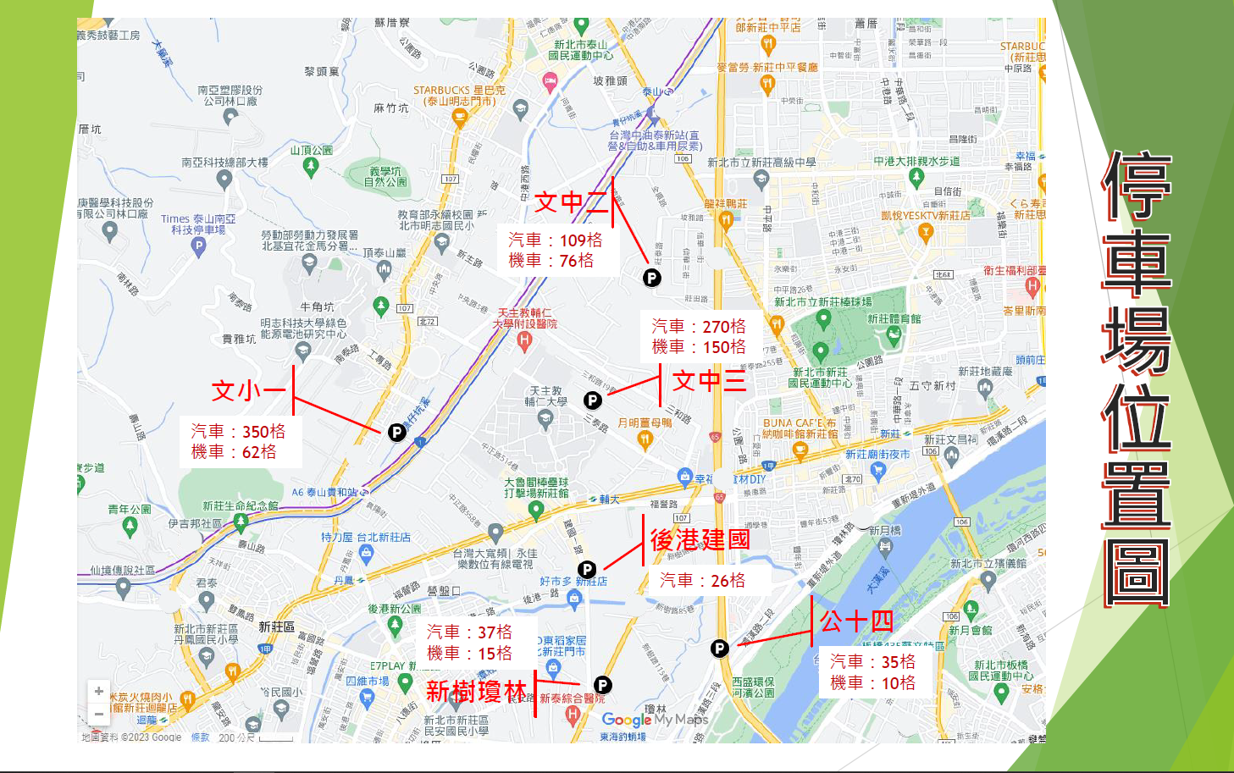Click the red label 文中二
(x=571, y=202)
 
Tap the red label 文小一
(x=248, y=390)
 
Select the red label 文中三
(x=709, y=381)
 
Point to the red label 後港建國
(x=700, y=539)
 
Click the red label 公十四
(x=856, y=621)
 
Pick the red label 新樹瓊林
(x=476, y=692)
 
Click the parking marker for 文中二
(x=651, y=277)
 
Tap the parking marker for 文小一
(x=396, y=433)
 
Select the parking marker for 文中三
(x=593, y=400)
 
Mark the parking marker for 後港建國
(x=587, y=570)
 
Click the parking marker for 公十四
(x=719, y=649)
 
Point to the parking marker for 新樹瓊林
(x=602, y=685)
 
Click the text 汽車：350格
(x=238, y=432)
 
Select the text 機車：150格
(x=699, y=347)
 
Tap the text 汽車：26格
(x=702, y=580)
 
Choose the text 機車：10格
(x=872, y=683)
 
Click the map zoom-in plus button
(x=99, y=691)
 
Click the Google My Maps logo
(x=654, y=720)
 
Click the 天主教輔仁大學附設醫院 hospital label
(x=526, y=319)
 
